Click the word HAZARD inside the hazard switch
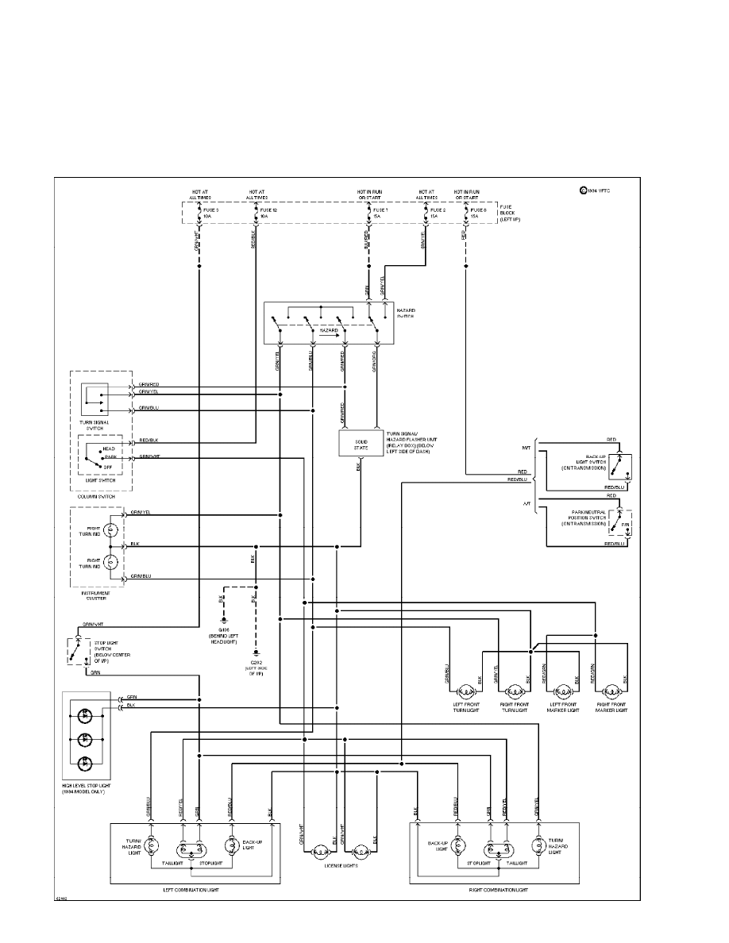click(329, 329)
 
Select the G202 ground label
click(256, 661)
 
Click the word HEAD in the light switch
click(108, 449)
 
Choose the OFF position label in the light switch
click(108, 467)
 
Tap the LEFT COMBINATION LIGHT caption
click(191, 890)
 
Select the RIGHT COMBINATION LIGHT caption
click(498, 890)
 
